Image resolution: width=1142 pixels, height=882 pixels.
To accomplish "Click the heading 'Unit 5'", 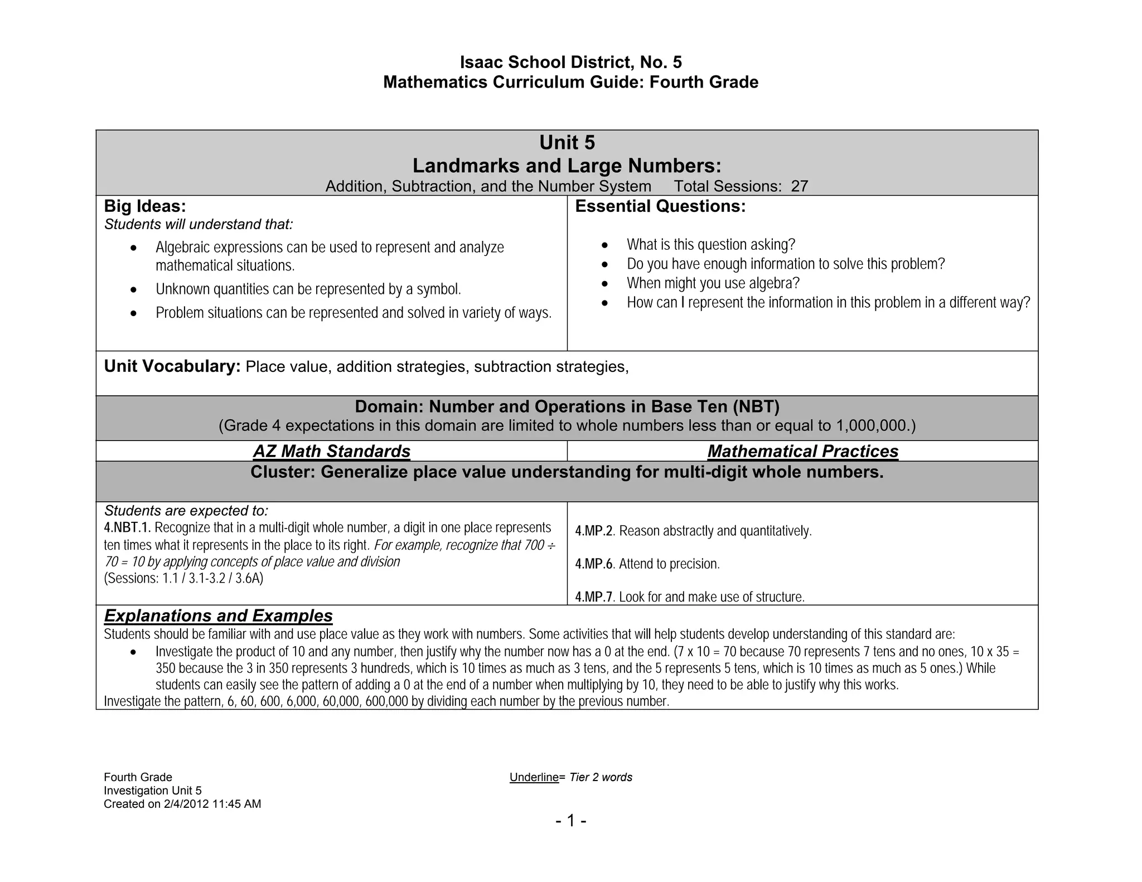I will coord(567,143).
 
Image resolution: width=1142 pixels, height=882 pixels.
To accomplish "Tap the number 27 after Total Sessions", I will coord(799,186).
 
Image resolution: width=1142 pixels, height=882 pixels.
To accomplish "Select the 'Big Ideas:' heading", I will coord(145,206).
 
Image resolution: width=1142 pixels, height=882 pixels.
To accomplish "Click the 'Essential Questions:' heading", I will coord(660,206).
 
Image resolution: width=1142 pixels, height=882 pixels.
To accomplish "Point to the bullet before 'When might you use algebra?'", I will coord(606,284).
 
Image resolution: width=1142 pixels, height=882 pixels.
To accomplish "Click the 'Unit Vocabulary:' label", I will coord(172,366).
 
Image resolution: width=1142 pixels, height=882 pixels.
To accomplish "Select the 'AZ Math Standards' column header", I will coord(332,451).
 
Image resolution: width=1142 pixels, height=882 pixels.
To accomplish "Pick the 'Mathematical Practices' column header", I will coord(802,451).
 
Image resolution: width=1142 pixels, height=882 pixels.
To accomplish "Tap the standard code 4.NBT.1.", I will coord(127,528).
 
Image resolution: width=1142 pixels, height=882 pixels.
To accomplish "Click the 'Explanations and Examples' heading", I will coord(218,616).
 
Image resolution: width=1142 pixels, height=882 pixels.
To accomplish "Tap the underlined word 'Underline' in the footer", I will coord(534,777).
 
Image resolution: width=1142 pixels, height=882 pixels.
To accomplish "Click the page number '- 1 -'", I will coord(570,821).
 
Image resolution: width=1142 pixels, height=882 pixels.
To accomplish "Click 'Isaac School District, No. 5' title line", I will coord(570,62).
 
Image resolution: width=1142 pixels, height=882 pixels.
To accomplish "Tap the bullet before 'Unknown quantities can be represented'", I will coord(133,290).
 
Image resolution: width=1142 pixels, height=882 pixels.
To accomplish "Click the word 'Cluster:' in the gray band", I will coord(283,472).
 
